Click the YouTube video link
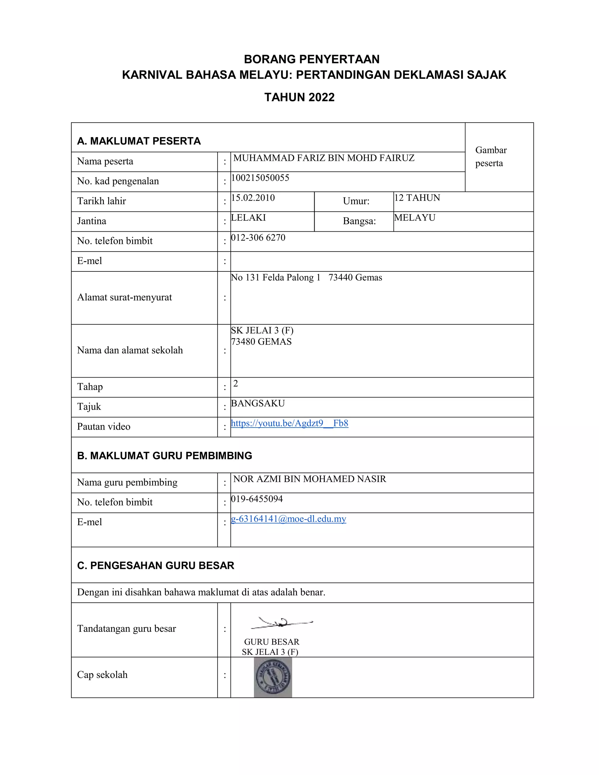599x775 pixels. [289, 423]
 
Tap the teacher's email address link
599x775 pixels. [288, 519]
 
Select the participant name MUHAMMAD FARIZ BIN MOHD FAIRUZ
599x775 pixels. [324, 158]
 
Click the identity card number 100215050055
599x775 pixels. [260, 178]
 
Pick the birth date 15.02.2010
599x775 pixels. [253, 198]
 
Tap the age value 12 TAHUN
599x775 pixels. [417, 198]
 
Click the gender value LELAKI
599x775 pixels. [248, 218]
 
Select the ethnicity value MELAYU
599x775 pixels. [414, 218]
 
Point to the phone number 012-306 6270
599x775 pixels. [258, 237]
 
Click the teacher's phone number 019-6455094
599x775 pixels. [257, 499]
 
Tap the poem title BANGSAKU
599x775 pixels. [258, 404]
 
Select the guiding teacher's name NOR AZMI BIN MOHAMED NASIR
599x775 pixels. [309, 479]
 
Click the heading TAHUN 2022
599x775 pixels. [299, 97]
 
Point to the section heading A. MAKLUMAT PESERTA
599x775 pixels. [139, 141]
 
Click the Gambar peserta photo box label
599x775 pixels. [491, 156]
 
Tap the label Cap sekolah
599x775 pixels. [102, 675]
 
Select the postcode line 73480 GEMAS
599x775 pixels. [261, 342]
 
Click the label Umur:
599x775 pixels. [356, 201]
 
